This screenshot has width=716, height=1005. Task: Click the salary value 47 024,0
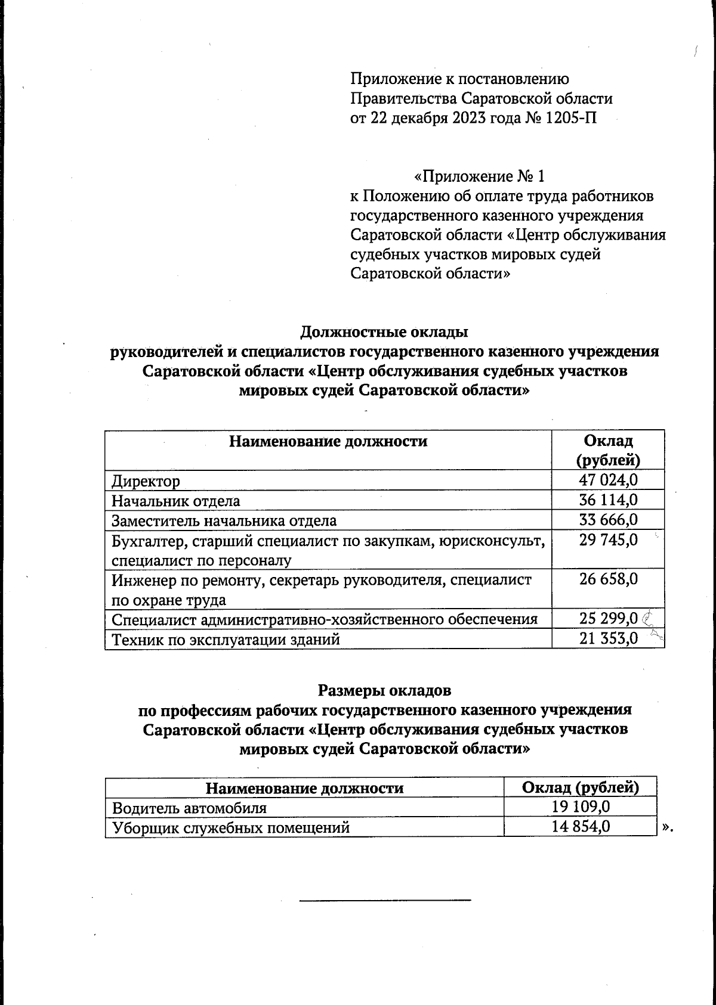click(608, 480)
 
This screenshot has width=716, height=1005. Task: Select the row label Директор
click(146, 481)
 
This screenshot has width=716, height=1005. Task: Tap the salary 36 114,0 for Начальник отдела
click(608, 500)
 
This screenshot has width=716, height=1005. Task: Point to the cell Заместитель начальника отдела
click(224, 520)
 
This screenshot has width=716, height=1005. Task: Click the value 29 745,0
click(608, 540)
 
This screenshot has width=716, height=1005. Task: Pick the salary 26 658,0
click(608, 579)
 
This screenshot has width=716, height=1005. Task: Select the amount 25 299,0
click(608, 619)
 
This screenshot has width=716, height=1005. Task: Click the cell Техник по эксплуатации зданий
click(226, 640)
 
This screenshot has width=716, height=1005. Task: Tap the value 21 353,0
click(608, 639)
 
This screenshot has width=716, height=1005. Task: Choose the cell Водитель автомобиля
click(189, 808)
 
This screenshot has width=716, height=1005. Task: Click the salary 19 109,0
click(581, 807)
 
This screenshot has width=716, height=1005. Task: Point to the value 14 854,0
click(581, 827)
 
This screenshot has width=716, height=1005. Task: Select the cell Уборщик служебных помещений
click(230, 827)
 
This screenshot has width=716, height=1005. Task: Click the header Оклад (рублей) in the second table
click(581, 787)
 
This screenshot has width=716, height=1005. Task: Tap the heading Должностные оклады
click(384, 331)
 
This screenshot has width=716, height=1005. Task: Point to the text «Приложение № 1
click(479, 176)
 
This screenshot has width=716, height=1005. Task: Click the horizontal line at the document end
click(385, 899)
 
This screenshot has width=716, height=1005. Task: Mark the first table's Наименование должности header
click(328, 441)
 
